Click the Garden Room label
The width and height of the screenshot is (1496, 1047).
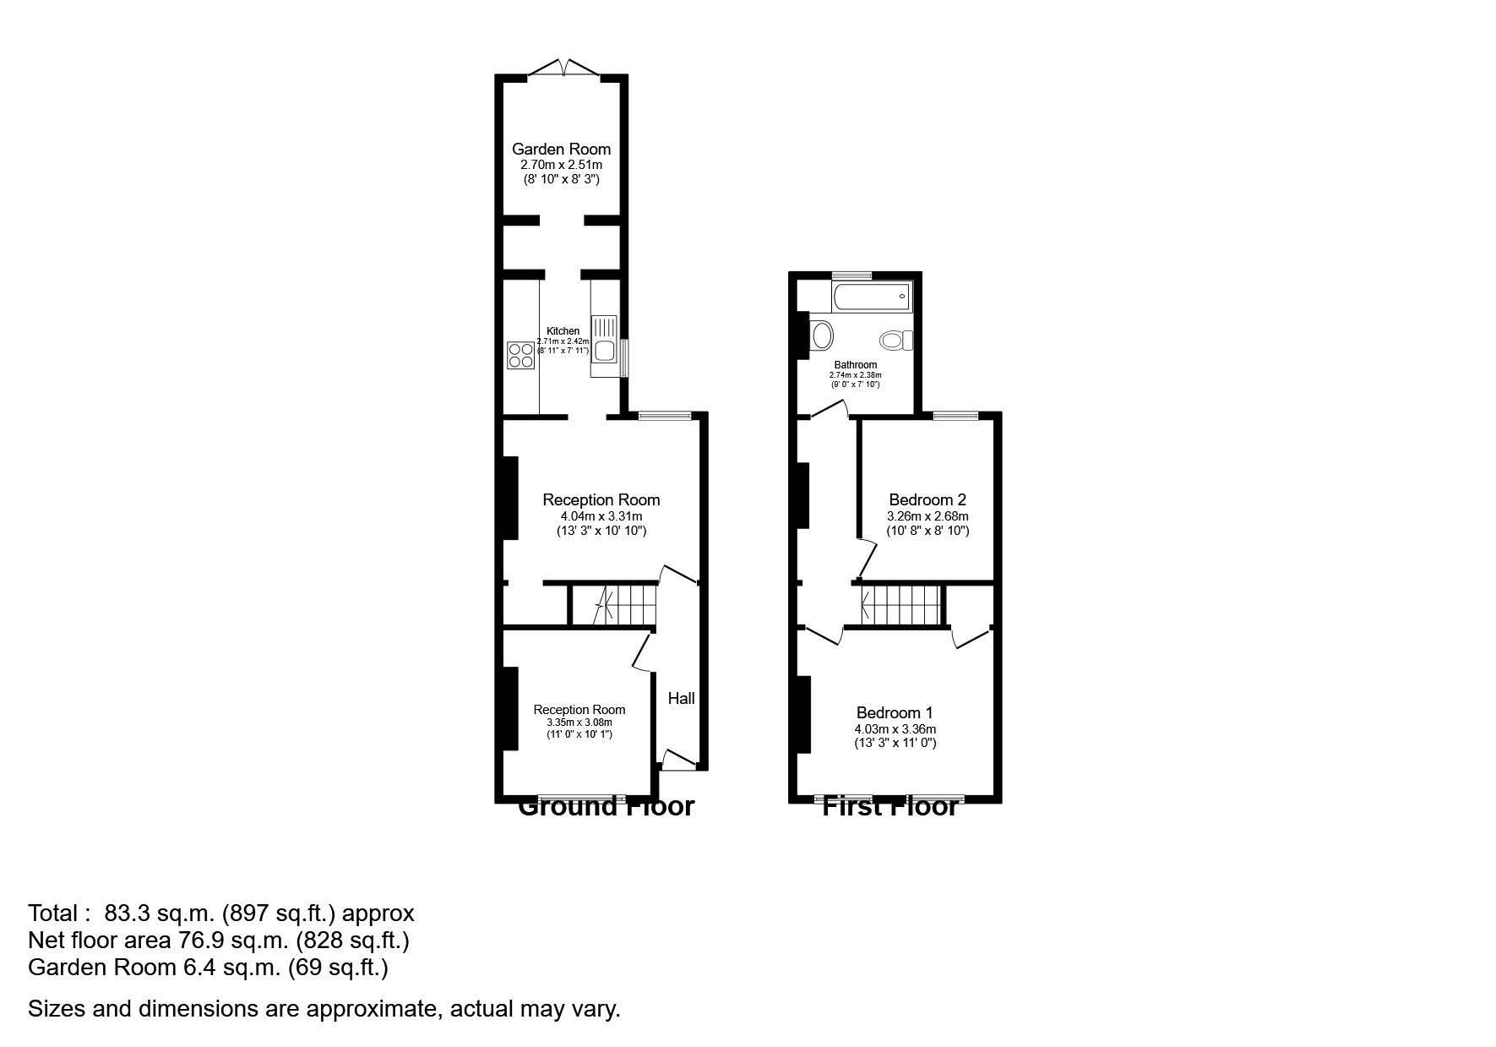pos(561,150)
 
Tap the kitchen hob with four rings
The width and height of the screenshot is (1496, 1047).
pos(520,355)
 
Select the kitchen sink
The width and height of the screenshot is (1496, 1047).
pos(605,348)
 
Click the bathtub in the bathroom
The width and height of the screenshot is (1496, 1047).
pos(871,297)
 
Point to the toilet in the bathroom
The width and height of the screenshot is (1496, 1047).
pos(896,341)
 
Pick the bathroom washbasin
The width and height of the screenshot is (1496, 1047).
pos(820,336)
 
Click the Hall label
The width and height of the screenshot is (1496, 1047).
pos(681,698)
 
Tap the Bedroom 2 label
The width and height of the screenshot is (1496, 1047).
pos(927,499)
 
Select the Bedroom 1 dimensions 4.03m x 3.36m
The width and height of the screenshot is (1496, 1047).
pos(895,729)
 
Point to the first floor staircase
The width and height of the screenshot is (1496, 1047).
pos(899,606)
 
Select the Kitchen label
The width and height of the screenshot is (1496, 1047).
pos(563,331)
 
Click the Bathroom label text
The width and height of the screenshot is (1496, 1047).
pos(855,365)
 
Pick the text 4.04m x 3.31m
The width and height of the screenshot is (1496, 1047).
pos(601,516)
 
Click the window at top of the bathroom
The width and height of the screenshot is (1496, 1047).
pos(851,275)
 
